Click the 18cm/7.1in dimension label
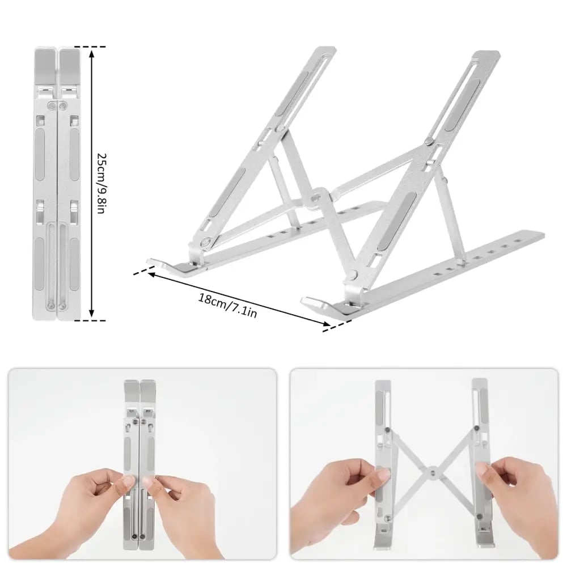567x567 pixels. (x=228, y=305)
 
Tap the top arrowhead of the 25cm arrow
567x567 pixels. (x=92, y=54)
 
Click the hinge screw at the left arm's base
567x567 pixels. (x=207, y=241)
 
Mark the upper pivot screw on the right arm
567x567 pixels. (x=429, y=141)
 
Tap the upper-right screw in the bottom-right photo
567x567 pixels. (x=477, y=429)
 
